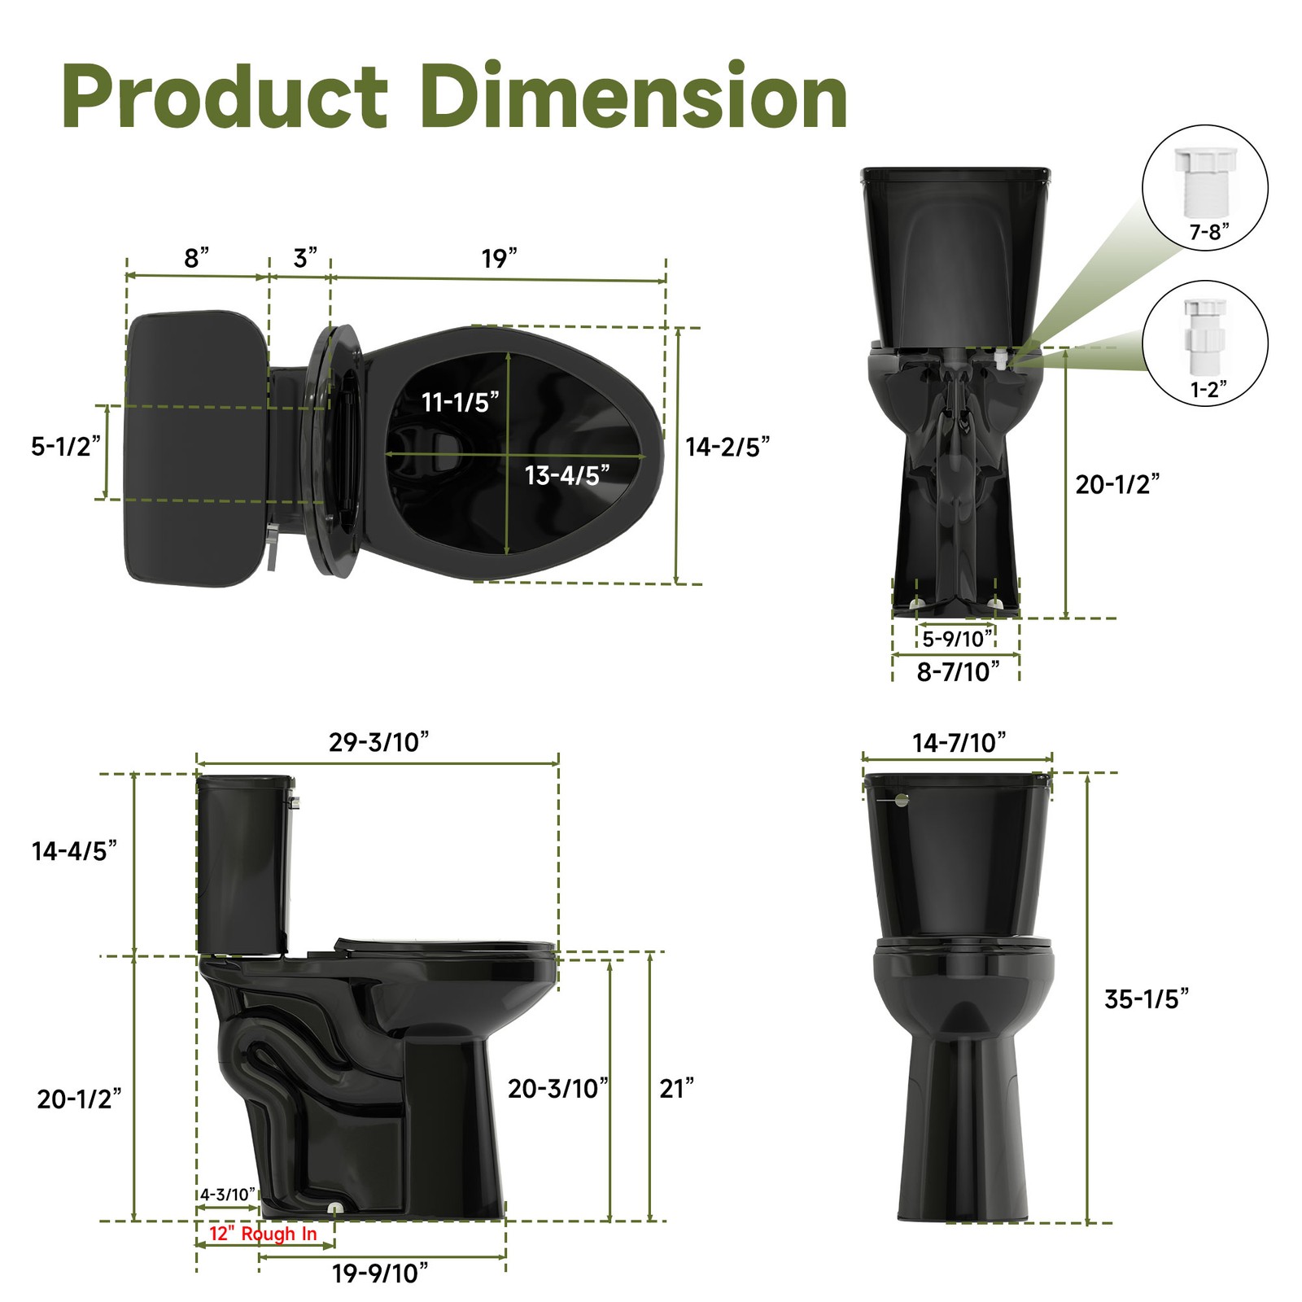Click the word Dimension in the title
click(635, 98)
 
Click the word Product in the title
click(225, 98)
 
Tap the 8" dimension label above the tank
click(196, 258)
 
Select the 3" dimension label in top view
click(305, 258)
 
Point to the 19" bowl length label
click(499, 258)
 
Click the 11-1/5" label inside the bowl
click(460, 402)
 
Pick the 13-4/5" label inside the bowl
click(566, 475)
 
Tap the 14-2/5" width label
click(727, 447)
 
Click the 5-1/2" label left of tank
click(65, 446)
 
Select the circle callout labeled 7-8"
click(1205, 187)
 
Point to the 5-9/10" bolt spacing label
click(958, 639)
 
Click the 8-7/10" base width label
click(958, 672)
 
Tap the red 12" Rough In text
click(263, 1234)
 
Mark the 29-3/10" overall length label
click(378, 742)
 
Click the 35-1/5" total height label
click(1146, 999)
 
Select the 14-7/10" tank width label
click(959, 743)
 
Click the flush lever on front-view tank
click(899, 800)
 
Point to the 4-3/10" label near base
click(228, 1195)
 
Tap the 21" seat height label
click(676, 1089)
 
